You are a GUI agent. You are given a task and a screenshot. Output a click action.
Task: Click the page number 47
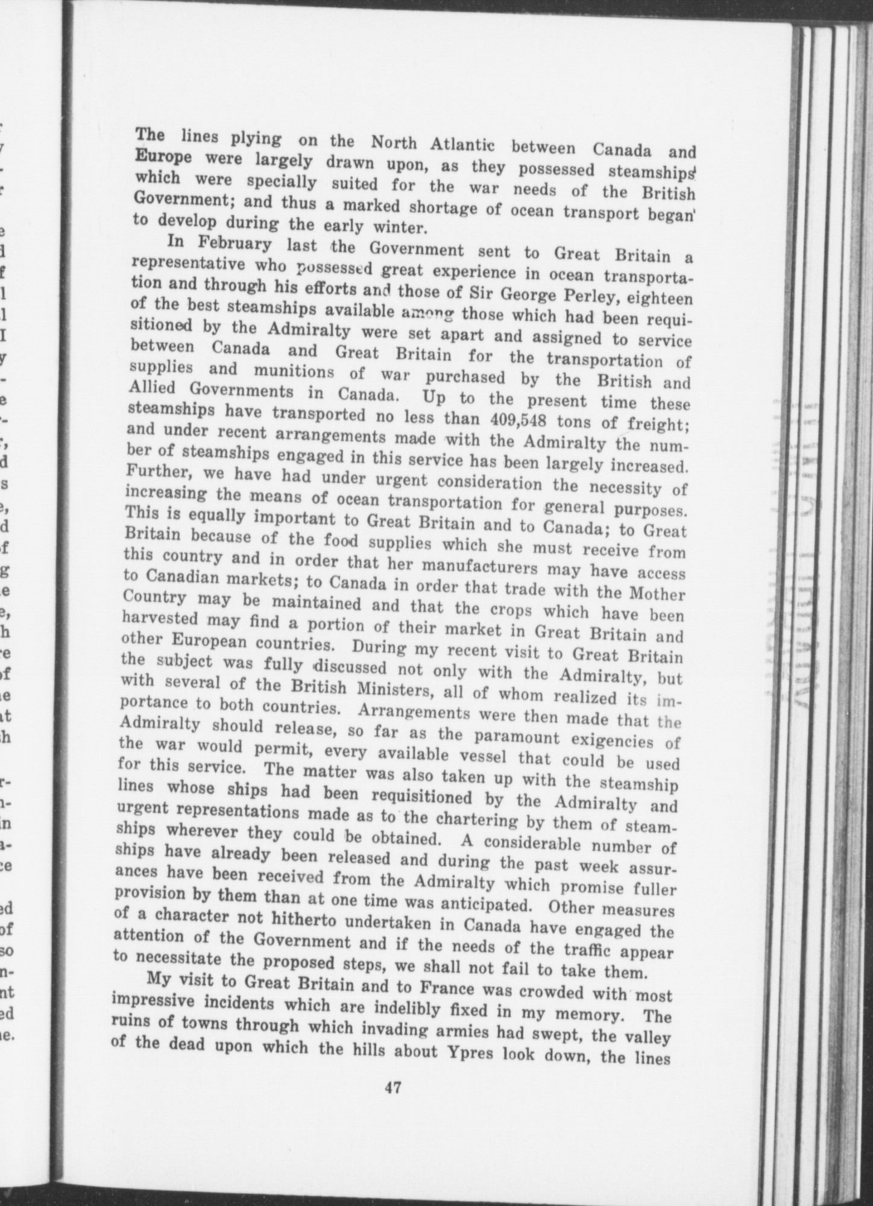click(393, 1104)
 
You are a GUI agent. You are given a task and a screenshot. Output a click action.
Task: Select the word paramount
click(512, 736)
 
